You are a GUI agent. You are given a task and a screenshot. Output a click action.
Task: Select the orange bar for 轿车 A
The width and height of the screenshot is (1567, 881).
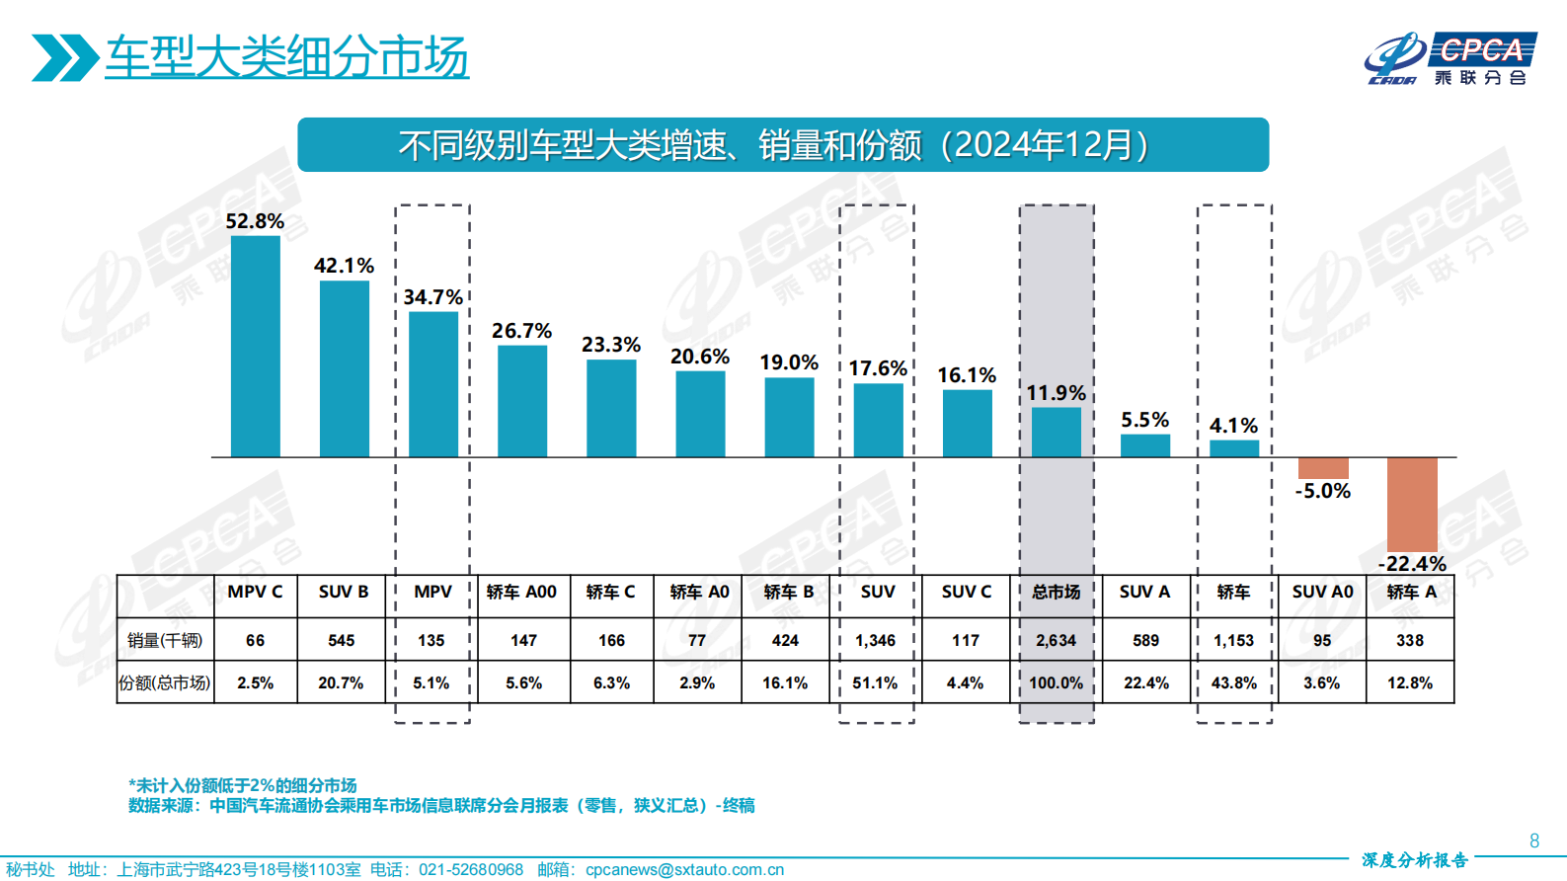click(x=1411, y=504)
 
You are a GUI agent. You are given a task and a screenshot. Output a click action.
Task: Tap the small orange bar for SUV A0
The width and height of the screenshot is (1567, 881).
click(x=1322, y=468)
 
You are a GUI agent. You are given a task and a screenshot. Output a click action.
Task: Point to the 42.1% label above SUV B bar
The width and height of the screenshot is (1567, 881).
click(x=344, y=266)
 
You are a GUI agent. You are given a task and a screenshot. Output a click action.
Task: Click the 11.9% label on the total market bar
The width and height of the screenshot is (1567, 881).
click(x=1056, y=393)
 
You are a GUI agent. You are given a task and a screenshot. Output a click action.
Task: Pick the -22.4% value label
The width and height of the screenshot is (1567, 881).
click(x=1412, y=564)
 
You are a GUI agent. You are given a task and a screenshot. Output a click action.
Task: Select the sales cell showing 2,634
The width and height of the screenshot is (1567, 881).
click(x=1056, y=640)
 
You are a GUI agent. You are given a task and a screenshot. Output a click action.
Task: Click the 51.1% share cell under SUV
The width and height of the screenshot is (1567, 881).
click(x=875, y=682)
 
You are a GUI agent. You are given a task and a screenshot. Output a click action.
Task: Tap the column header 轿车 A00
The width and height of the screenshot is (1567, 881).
click(x=521, y=592)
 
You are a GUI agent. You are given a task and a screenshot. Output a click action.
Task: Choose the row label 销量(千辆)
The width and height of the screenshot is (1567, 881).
click(x=165, y=640)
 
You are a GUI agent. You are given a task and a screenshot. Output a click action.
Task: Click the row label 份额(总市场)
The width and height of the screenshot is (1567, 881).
click(x=165, y=682)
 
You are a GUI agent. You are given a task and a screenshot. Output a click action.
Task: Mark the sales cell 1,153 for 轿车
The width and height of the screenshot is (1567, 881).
click(x=1233, y=640)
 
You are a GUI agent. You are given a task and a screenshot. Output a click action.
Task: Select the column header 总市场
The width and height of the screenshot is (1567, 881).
click(x=1056, y=592)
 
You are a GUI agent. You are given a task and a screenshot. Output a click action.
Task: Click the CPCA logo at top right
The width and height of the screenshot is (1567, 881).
click(x=1449, y=59)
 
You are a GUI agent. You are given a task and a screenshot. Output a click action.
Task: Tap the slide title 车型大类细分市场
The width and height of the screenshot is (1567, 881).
click(x=286, y=57)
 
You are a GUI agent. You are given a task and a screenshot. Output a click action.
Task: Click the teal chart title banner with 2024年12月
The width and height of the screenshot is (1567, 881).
click(x=782, y=145)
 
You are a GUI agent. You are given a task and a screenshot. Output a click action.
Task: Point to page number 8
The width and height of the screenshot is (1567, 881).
click(x=1533, y=841)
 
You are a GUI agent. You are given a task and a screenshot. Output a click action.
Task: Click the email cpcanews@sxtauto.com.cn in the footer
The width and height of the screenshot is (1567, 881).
click(x=684, y=869)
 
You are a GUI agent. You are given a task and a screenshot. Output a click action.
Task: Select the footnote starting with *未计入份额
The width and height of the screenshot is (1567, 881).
click(x=242, y=785)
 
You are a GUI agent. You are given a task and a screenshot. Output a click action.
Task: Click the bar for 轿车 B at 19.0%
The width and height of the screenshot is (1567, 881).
click(x=789, y=417)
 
